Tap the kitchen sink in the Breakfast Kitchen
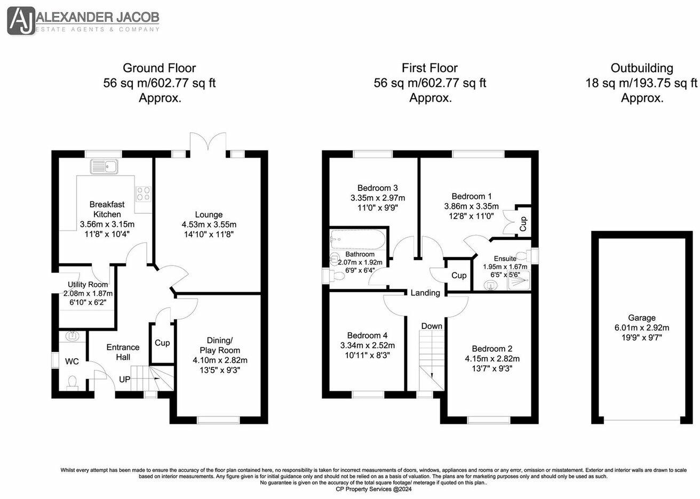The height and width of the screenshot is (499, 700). (x=105, y=166)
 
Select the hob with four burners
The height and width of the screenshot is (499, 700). (x=143, y=193)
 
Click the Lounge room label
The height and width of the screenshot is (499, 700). (x=209, y=215)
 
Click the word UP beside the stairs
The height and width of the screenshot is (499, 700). (x=124, y=380)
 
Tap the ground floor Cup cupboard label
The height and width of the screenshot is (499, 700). (x=162, y=343)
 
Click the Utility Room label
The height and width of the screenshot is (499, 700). (x=87, y=285)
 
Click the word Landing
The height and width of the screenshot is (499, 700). (x=425, y=293)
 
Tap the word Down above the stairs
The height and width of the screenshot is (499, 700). (x=432, y=326)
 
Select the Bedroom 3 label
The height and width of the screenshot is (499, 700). (x=377, y=188)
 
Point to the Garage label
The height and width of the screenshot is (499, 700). (x=642, y=318)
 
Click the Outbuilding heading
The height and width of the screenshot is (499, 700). (x=642, y=68)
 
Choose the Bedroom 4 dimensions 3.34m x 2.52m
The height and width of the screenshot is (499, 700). (x=367, y=345)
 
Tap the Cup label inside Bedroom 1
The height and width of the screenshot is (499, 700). (x=523, y=220)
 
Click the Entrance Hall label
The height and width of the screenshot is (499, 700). (x=123, y=352)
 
